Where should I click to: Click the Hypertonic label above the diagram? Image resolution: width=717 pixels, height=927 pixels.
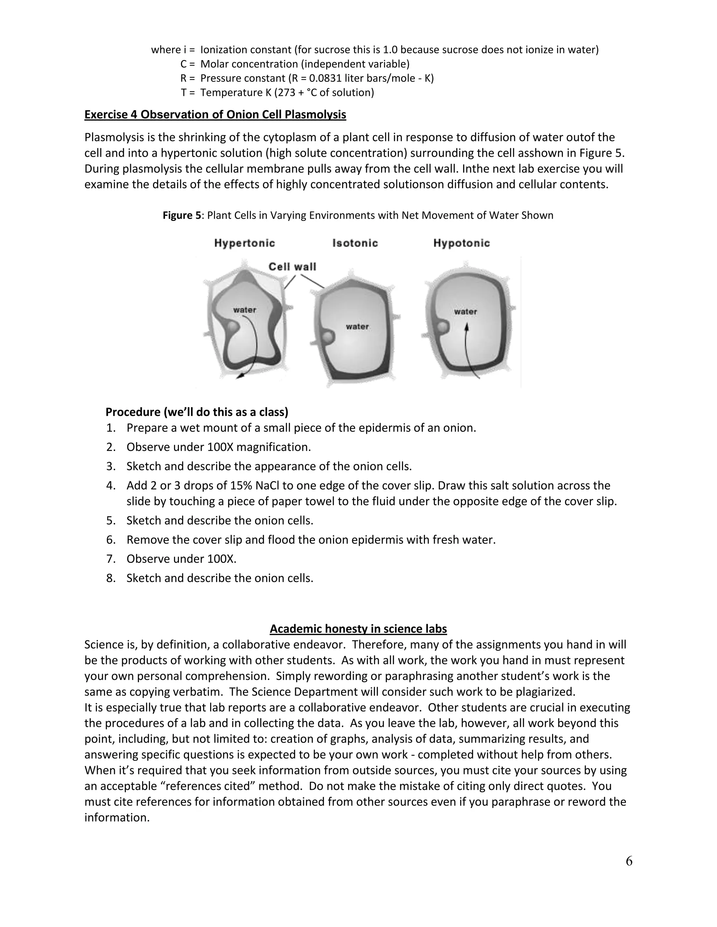click(x=244, y=243)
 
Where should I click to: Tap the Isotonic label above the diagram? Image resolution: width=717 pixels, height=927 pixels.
click(x=355, y=243)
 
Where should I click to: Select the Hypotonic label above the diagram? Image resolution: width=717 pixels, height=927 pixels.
click(x=461, y=243)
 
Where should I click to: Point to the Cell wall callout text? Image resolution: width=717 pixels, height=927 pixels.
click(x=292, y=267)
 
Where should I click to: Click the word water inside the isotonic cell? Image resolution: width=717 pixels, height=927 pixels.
click(x=357, y=326)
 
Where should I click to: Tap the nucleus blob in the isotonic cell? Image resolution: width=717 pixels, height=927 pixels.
click(x=327, y=338)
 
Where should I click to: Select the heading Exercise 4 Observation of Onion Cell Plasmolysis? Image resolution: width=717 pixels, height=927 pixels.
click(x=215, y=115)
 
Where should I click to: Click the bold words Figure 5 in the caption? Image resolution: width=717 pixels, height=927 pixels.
click(x=181, y=215)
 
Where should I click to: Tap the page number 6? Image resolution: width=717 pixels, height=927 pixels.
click(x=629, y=861)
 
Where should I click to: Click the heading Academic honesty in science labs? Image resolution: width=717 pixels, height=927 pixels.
click(x=358, y=629)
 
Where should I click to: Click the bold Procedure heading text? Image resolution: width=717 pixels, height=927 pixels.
click(x=197, y=412)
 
